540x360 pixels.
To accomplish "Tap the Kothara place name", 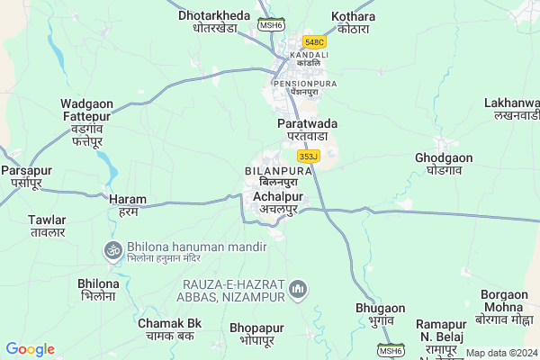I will pyautogui.click(x=354, y=21).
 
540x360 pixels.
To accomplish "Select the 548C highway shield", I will pyautogui.click(x=315, y=41).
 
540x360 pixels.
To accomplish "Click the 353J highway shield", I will pyautogui.click(x=308, y=156).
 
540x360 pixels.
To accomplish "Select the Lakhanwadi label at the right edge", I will pyautogui.click(x=511, y=110).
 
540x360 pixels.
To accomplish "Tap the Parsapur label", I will pyautogui.click(x=26, y=176).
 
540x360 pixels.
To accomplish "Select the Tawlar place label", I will pyautogui.click(x=47, y=226).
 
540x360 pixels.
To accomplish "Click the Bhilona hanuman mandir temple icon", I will pyautogui.click(x=113, y=248).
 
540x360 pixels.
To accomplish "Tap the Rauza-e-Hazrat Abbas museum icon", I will pyautogui.click(x=299, y=290).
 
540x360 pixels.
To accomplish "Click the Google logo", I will pyautogui.click(x=30, y=349).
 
